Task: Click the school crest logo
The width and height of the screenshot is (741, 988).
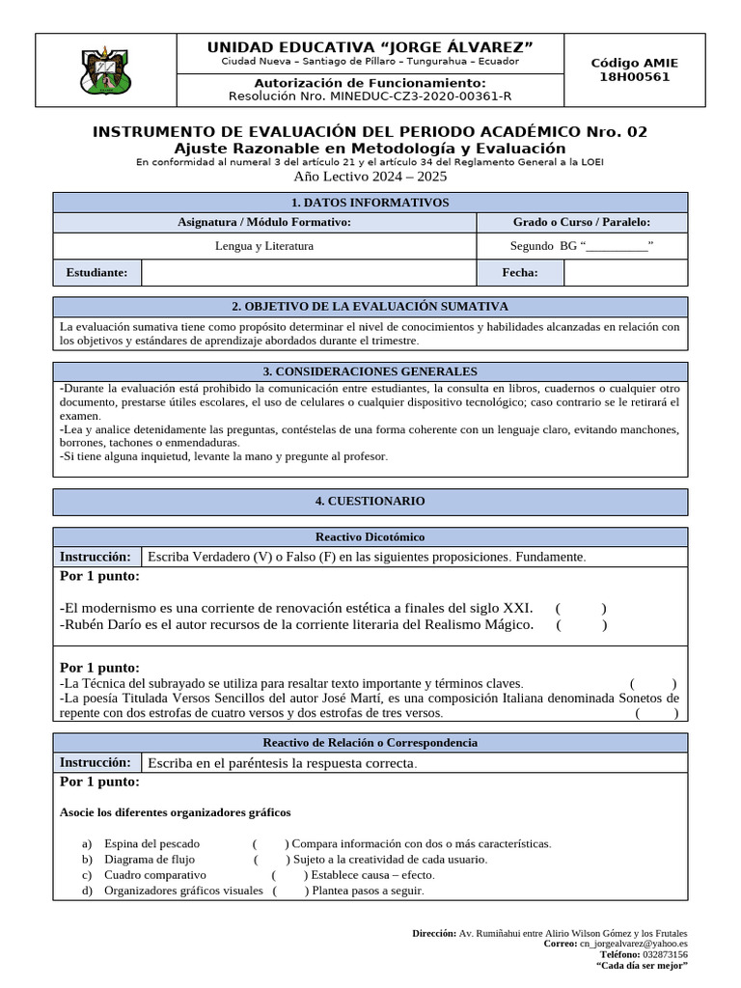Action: [x=106, y=70]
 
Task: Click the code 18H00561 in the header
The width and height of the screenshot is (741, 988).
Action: [x=634, y=77]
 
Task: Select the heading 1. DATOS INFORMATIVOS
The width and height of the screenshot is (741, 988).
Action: [x=370, y=203]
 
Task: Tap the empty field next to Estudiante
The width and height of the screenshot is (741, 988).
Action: [x=309, y=273]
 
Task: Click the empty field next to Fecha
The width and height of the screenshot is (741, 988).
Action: [x=625, y=273]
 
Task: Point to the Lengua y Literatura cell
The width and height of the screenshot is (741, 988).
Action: [x=264, y=246]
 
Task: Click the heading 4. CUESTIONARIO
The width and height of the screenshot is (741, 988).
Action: [x=370, y=502]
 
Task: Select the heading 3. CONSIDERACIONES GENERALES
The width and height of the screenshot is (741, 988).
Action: [x=370, y=371]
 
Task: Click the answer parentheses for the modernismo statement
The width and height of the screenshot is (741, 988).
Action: [x=581, y=609]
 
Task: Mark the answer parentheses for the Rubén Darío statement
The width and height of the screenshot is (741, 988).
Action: [x=581, y=625]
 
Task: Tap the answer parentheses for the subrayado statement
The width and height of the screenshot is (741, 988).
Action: [x=653, y=683]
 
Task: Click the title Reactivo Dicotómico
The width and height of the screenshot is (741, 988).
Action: [x=370, y=536]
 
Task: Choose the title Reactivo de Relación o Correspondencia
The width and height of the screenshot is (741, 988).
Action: [x=370, y=743]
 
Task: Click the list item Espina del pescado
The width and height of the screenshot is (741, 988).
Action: [x=152, y=843]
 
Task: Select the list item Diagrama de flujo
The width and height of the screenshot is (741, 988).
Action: [x=150, y=859]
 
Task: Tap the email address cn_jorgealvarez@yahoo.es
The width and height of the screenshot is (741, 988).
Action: [x=633, y=945]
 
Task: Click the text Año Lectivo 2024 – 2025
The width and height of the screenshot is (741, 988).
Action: [x=370, y=177]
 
